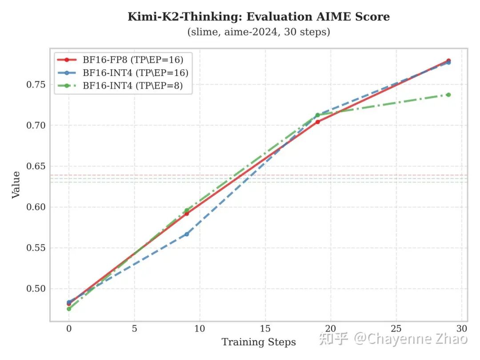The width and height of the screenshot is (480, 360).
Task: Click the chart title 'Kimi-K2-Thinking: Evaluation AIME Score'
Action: coord(259,17)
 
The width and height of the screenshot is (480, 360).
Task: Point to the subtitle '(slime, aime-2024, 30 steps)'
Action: coord(259,32)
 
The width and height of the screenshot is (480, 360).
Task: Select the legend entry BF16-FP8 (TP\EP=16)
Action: coord(133,60)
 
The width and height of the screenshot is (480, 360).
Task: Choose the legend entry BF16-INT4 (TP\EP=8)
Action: coord(133,86)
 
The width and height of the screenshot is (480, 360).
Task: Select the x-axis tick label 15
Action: coord(265,329)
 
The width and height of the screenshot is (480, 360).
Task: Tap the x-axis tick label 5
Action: coord(134,329)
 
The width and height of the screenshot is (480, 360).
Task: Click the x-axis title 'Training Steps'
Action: coord(259,342)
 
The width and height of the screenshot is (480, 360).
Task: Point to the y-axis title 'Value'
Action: coord(16,184)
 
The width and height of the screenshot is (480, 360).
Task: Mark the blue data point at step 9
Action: coord(187,234)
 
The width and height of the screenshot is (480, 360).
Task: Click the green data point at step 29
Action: coord(448,95)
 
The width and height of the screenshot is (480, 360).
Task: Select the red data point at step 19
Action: coord(318,122)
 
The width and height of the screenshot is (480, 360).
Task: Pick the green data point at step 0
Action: coord(69,309)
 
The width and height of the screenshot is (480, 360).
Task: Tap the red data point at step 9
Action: coord(187,214)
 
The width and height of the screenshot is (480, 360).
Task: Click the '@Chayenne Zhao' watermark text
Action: coord(411,339)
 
